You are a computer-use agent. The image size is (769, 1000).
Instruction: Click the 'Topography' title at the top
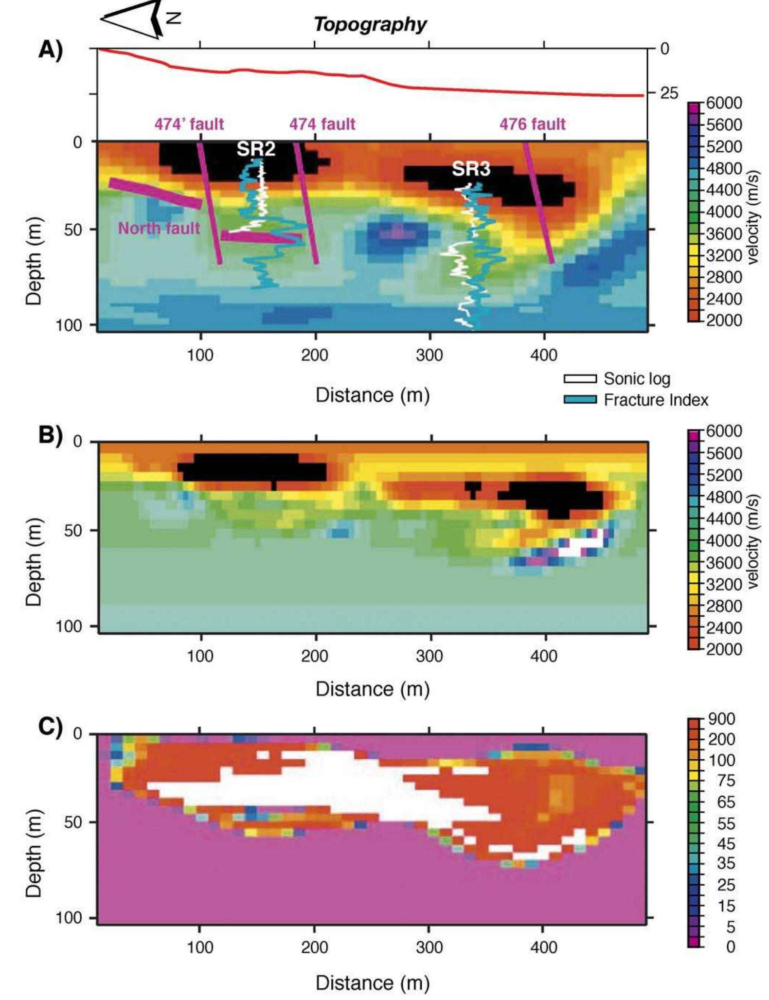pyautogui.click(x=370, y=24)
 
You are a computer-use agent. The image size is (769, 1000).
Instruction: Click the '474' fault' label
pyautogui.click(x=189, y=124)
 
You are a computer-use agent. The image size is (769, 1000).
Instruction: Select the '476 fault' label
pyautogui.click(x=533, y=124)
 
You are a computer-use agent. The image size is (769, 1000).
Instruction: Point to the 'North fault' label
pyautogui.click(x=159, y=228)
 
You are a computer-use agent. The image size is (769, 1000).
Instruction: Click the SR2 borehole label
pyautogui.click(x=256, y=149)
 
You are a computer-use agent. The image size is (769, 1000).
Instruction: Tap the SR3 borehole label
pyautogui.click(x=471, y=169)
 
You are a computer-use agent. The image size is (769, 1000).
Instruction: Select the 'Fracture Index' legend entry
pyautogui.click(x=655, y=400)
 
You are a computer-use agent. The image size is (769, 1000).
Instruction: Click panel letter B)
pyautogui.click(x=51, y=435)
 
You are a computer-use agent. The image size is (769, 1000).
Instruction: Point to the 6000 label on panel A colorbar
pyautogui.click(x=724, y=103)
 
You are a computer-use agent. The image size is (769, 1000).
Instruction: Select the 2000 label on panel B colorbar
pyautogui.click(x=724, y=649)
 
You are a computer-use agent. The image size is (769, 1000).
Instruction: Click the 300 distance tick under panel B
pyautogui.click(x=429, y=656)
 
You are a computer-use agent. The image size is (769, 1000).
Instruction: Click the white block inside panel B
pyautogui.click(x=578, y=546)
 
